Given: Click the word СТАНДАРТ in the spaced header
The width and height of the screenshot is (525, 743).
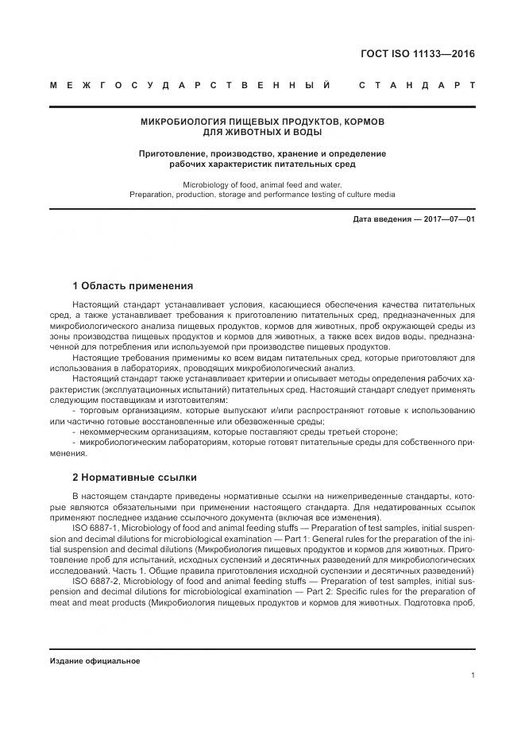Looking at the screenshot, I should (417, 84).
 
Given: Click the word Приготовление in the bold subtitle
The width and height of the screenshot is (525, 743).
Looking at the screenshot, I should (173, 153).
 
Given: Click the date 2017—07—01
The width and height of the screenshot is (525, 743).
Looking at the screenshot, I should (450, 219).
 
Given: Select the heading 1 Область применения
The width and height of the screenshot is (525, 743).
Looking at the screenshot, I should (133, 285).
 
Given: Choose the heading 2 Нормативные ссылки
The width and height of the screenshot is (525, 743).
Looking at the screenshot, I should (134, 478).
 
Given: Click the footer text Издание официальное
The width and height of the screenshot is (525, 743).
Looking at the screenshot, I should (95, 661).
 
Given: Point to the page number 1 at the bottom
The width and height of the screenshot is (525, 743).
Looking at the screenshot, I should (473, 675).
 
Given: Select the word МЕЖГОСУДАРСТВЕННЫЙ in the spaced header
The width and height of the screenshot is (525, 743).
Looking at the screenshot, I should (191, 84).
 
